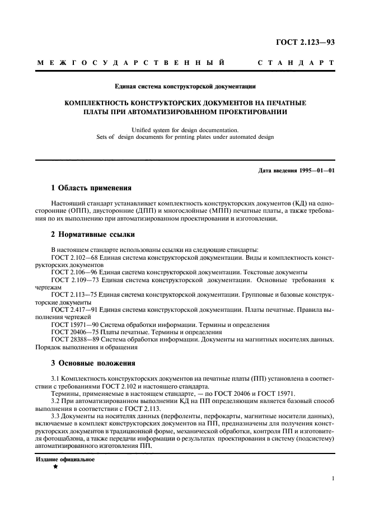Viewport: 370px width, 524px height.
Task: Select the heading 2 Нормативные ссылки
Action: [x=92, y=235]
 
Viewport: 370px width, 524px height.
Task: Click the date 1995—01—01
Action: [x=316, y=170]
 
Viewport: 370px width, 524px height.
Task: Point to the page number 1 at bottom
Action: [x=332, y=479]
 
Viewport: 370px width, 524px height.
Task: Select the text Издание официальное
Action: [x=65, y=459]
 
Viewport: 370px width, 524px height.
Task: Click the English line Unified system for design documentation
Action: [x=185, y=129]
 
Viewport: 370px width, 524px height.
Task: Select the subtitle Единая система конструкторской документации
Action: [x=185, y=87]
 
